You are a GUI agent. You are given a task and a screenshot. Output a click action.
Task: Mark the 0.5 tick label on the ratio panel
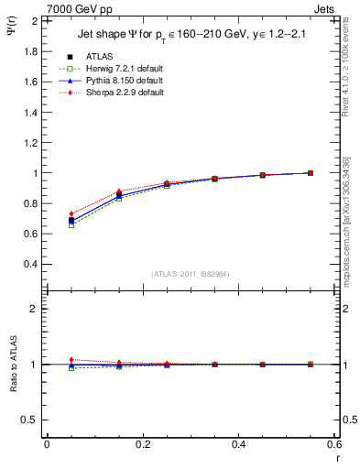31,420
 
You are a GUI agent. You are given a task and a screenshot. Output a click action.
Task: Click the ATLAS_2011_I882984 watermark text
190,274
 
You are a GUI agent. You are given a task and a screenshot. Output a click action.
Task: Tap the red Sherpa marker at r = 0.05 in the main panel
71,214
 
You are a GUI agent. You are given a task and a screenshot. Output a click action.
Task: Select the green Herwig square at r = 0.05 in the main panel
71,224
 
